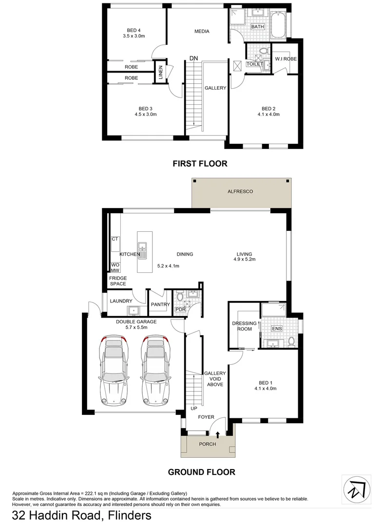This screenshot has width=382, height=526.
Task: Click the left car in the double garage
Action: pos(114,370)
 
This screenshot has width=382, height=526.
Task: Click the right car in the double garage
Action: pos(156,370)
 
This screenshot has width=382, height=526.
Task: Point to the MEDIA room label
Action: pos(202,32)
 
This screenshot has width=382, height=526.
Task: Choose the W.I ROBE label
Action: pos(286,59)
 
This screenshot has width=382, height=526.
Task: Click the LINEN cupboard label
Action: pos(160,71)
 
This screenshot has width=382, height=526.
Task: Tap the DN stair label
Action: pos(193,58)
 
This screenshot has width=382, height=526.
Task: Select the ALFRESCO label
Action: pos(241,192)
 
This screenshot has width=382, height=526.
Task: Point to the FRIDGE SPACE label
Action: pos(118,281)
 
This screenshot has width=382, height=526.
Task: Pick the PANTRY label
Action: pos(160,305)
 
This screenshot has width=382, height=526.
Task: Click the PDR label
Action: pos(180,309)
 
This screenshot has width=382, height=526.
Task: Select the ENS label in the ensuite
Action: pos(277,329)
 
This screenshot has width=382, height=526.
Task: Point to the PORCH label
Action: pos(208,444)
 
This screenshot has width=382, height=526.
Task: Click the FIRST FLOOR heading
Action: pos(200,164)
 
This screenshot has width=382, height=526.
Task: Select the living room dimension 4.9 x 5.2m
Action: pos(245,260)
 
